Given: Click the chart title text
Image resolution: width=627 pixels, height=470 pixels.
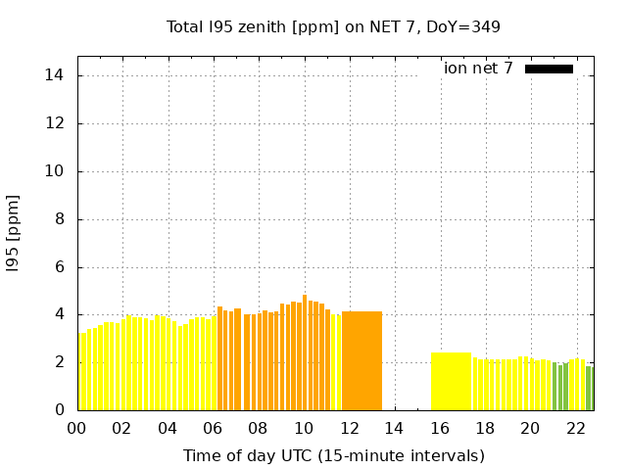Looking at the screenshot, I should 333,26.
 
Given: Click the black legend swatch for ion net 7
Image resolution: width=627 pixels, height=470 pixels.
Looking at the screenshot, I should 549,69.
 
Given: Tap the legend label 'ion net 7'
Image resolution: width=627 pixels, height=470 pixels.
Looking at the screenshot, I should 478,69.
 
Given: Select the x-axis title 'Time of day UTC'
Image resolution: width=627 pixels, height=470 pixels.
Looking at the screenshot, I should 333,455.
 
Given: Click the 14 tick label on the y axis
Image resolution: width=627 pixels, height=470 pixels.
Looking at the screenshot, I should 57,75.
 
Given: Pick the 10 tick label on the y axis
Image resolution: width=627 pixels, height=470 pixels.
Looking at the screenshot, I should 57,171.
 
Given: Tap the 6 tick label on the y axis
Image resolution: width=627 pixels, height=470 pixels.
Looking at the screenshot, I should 61,267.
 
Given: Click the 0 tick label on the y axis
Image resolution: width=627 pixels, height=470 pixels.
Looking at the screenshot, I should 61,410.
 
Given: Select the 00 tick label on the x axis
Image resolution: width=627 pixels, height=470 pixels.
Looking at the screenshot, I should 76,429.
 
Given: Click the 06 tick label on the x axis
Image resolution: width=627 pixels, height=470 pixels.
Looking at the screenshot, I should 213,429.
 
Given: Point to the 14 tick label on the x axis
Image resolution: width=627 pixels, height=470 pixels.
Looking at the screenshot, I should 394,429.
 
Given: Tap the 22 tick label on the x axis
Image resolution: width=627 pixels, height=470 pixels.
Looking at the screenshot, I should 575,429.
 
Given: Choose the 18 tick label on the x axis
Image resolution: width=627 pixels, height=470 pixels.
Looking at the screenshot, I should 485,429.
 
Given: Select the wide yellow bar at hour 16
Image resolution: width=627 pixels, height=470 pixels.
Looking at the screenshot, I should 451,381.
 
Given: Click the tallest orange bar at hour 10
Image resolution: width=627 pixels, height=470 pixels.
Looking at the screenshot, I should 305,352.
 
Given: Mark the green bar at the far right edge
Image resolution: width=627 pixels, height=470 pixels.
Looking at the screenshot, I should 589,389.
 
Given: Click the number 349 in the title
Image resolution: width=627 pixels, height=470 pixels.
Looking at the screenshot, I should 486,26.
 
